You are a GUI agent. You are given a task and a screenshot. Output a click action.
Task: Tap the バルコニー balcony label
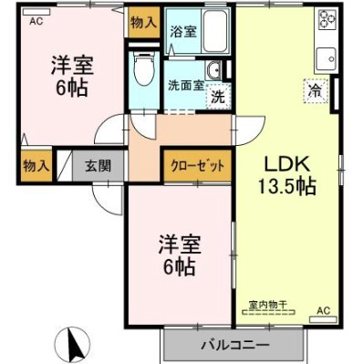coord(234,346)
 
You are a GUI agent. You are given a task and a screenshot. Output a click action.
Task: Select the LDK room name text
coord(288,165)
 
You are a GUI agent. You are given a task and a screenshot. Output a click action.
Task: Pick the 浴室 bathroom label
coord(182,31)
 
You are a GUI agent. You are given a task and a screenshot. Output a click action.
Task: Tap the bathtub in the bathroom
coord(213,36)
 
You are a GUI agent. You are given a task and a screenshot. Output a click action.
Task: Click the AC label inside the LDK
coord(322,311)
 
